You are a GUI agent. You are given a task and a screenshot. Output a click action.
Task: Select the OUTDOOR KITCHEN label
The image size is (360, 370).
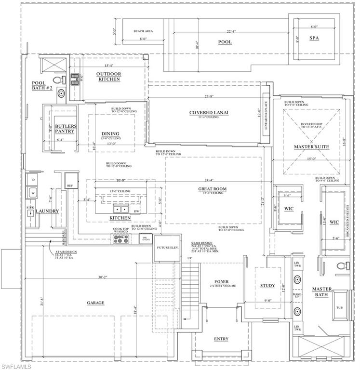[x=108, y=76]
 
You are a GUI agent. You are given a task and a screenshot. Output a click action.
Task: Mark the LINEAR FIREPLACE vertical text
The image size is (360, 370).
[x=266, y=117]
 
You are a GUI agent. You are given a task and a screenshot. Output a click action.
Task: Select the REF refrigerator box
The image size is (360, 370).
[x=70, y=185]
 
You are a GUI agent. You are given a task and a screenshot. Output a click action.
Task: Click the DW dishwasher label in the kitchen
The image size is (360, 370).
[x=136, y=211]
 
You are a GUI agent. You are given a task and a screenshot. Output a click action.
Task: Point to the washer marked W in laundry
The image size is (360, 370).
[x=33, y=193]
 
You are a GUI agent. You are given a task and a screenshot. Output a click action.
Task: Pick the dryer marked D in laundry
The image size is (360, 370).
[x=33, y=180]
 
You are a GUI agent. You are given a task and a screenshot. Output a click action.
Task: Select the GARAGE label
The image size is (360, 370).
[x=95, y=303]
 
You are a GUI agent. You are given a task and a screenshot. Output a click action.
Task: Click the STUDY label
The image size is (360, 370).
[x=267, y=286]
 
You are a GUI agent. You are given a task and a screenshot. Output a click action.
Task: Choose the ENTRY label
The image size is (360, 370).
[x=221, y=339]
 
